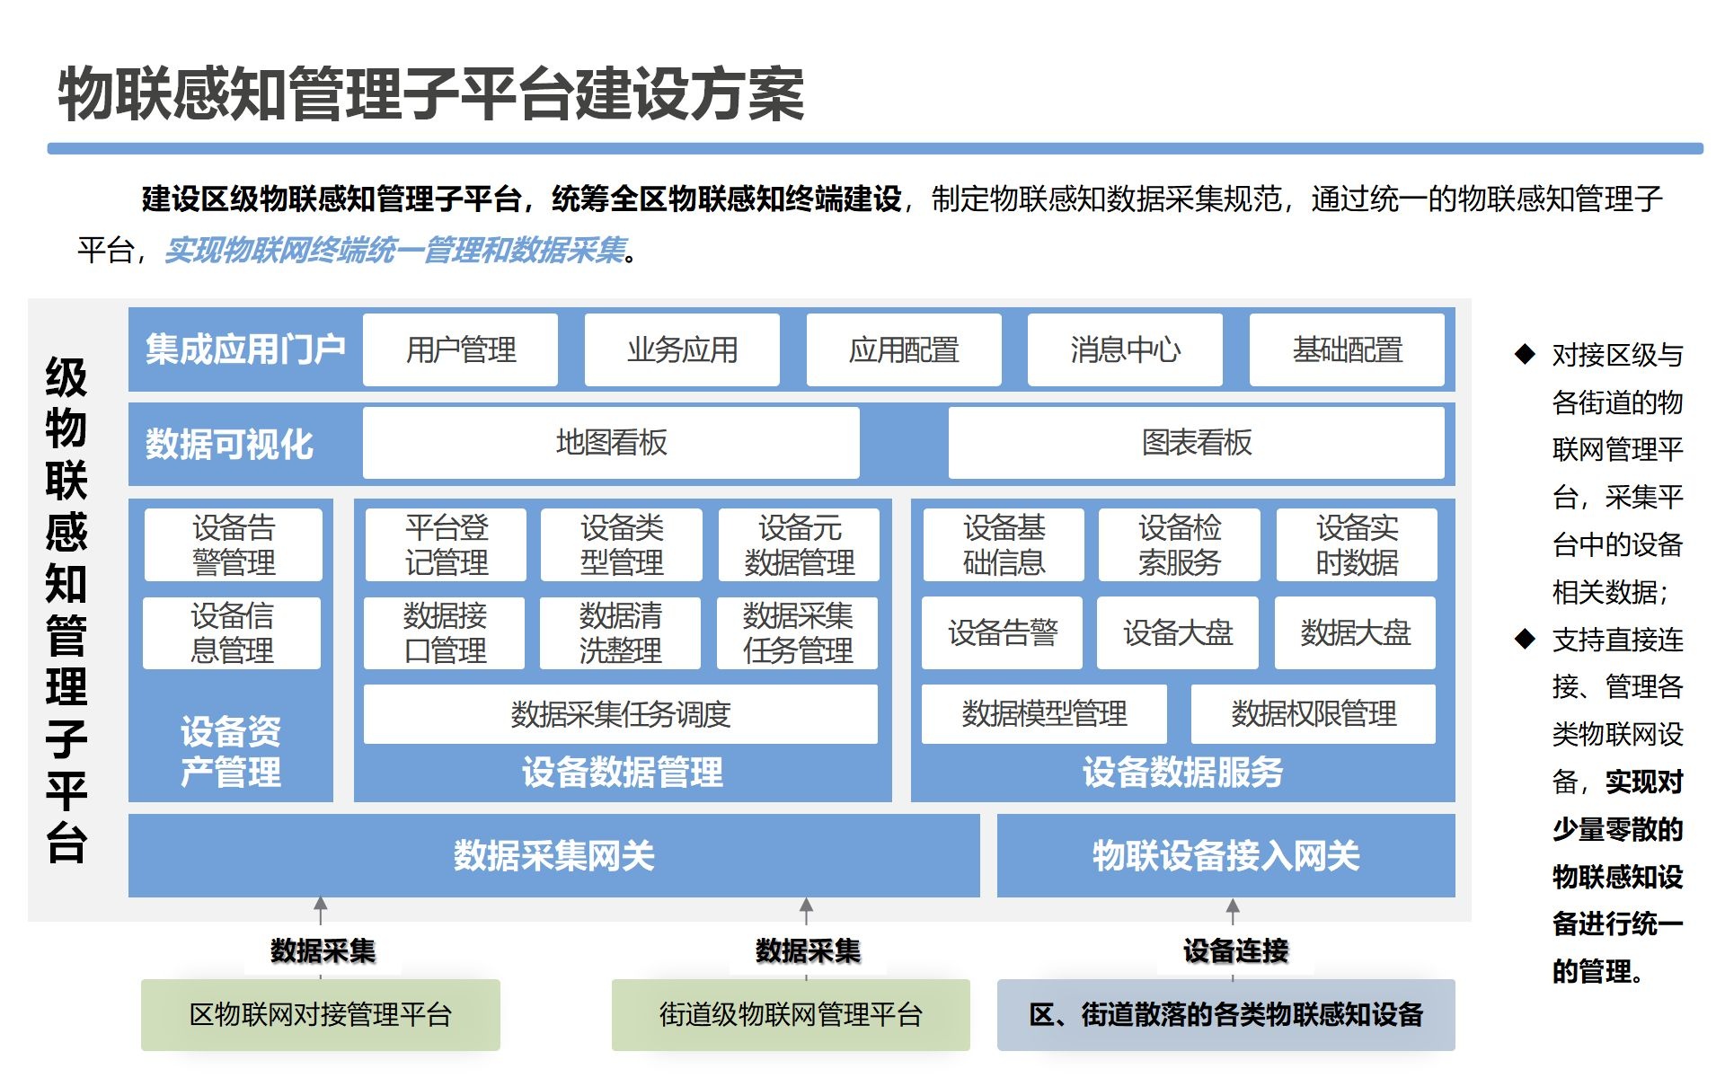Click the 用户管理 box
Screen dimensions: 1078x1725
pyautogui.click(x=460, y=349)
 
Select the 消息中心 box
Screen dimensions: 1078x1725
pyautogui.click(x=1125, y=349)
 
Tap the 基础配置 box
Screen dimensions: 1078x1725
pyautogui.click(x=1347, y=349)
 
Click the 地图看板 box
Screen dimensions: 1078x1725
pyautogui.click(x=611, y=443)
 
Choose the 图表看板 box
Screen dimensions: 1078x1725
pyautogui.click(x=1196, y=443)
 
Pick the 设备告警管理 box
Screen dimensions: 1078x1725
pyautogui.click(x=233, y=544)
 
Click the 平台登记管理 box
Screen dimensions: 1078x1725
pyautogui.click(x=446, y=544)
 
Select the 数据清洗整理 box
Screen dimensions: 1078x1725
pyautogui.click(x=620, y=632)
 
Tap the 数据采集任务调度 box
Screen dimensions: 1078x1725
pyautogui.click(x=620, y=714)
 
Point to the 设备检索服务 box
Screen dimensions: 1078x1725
pyautogui.click(x=1179, y=544)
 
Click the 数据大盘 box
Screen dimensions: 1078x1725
pyautogui.click(x=1355, y=632)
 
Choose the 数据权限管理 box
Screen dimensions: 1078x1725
pyautogui.click(x=1313, y=714)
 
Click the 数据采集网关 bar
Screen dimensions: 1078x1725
pyautogui.click(x=553, y=855)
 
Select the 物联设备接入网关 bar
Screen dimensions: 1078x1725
pyautogui.click(x=1225, y=855)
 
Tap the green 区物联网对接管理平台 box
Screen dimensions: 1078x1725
pyautogui.click(x=320, y=1015)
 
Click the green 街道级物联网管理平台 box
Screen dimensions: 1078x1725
pyautogui.click(x=791, y=1015)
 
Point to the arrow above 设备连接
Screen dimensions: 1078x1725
pyautogui.click(x=1233, y=910)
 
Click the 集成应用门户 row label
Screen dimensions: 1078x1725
pyautogui.click(x=244, y=349)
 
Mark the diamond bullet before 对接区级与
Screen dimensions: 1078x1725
pyautogui.click(x=1525, y=354)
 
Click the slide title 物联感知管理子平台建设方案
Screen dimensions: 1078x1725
pyautogui.click(x=431, y=93)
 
